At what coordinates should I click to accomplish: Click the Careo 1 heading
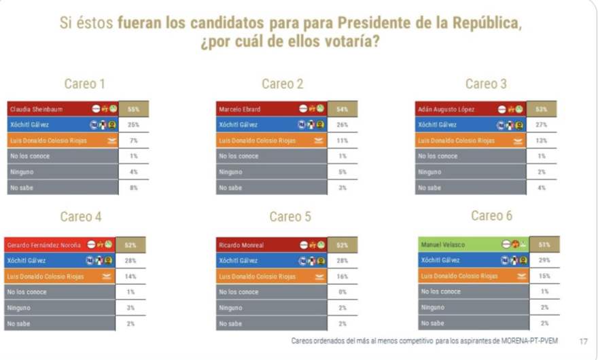[84, 84]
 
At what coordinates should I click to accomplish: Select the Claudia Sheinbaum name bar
[37, 109]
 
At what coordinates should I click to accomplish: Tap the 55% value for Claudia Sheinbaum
[133, 109]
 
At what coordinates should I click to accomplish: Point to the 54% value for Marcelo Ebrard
[342, 109]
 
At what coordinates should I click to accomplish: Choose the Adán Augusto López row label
[446, 109]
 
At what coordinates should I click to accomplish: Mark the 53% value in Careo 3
[542, 109]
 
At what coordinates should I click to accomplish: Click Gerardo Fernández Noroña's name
[45, 245]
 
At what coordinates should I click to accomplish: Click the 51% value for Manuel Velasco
[544, 244]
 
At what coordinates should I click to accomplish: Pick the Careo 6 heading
[491, 216]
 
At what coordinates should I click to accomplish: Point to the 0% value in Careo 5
[342, 292]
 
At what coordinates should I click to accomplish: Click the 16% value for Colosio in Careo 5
[342, 276]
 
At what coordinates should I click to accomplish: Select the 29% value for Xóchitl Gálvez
[544, 259]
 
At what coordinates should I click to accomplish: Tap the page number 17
[583, 340]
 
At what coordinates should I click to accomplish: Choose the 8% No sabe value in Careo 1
[133, 187]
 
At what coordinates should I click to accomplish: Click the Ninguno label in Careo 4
[18, 308]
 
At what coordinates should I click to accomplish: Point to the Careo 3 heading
[486, 84]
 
